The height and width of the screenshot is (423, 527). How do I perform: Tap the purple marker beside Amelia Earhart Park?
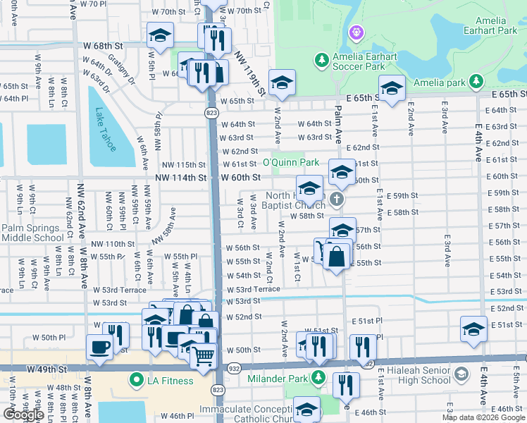point(356,32)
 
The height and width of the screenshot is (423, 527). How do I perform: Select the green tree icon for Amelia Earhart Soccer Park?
point(321,59)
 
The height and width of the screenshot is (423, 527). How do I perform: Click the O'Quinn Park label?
point(292,162)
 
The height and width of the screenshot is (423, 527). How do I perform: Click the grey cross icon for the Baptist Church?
point(337,199)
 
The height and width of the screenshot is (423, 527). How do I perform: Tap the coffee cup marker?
point(99,346)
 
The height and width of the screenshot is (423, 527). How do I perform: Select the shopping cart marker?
point(204,356)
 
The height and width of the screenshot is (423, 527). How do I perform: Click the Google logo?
point(23,415)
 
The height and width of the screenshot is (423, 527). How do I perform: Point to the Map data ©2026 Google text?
point(483,418)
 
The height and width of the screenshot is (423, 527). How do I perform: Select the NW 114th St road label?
point(182,178)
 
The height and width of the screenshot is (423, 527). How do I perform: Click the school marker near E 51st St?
point(473,329)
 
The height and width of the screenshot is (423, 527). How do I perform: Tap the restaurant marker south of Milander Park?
point(346,385)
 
